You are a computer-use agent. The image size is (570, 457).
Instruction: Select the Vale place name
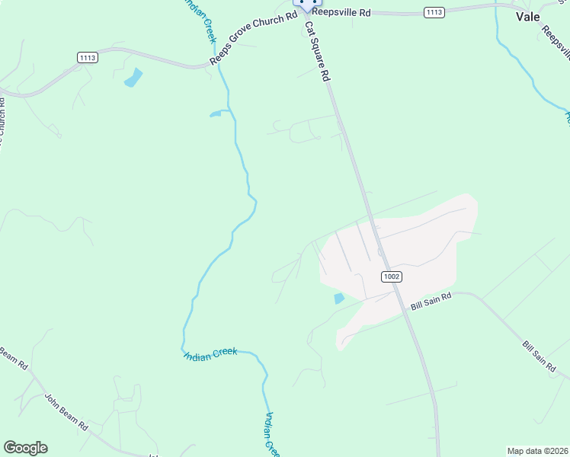[x=528, y=16]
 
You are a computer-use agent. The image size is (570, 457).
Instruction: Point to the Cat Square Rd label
[x=319, y=51]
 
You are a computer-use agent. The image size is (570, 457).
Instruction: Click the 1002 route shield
[x=391, y=276]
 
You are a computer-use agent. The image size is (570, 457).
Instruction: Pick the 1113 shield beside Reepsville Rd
[x=434, y=12]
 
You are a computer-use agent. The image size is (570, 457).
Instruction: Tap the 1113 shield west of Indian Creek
[x=88, y=57]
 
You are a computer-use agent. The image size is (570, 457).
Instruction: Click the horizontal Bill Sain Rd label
[x=431, y=302]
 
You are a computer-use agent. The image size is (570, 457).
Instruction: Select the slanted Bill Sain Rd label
[x=540, y=356]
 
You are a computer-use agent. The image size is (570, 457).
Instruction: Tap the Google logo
[x=25, y=447]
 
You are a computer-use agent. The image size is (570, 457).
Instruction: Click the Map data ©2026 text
[x=537, y=451]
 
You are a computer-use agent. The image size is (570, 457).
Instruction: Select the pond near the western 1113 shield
[x=133, y=77]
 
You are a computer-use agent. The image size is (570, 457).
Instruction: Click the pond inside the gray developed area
[x=339, y=299]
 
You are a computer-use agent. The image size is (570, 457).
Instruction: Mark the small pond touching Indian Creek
[x=216, y=114]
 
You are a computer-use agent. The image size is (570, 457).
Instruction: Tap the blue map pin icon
[x=307, y=4]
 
